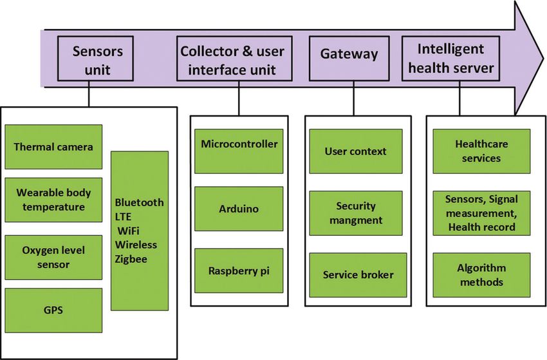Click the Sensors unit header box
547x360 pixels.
(95, 59)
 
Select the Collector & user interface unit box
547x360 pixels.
(234, 59)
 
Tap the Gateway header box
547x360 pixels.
(349, 59)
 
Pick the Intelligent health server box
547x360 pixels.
(450, 59)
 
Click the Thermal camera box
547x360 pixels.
(53, 147)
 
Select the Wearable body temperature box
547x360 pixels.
(53, 200)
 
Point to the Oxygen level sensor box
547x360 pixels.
(53, 258)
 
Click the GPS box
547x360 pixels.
(53, 310)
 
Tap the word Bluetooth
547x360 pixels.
(139, 202)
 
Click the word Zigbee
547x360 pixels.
(131, 259)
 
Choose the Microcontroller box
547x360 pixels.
(239, 151)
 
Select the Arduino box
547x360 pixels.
(239, 209)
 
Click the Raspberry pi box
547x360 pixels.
(239, 270)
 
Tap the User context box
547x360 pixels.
(356, 151)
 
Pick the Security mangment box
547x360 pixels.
(356, 213)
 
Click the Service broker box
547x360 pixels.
(358, 275)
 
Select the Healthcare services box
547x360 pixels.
(481, 151)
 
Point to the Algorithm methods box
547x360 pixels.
(481, 275)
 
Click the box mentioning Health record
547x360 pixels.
(481, 213)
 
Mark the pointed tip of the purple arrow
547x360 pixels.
(543, 59)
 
